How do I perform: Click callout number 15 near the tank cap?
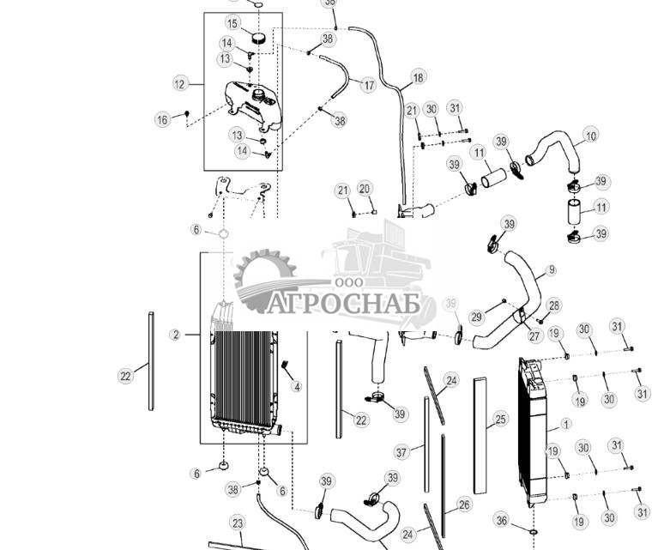pyautogui.click(x=232, y=23)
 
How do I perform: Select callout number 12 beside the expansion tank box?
pyautogui.click(x=179, y=84)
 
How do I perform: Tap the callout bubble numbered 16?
pyautogui.click(x=162, y=120)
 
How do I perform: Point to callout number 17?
pyautogui.click(x=368, y=86)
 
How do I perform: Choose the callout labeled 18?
pyautogui.click(x=418, y=78)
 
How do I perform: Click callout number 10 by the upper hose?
pyautogui.click(x=590, y=136)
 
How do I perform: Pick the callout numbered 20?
pyautogui.click(x=364, y=189)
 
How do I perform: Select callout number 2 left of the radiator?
pyautogui.click(x=175, y=335)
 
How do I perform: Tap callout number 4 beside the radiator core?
pyautogui.click(x=296, y=387)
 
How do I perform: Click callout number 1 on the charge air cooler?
pyautogui.click(x=565, y=423)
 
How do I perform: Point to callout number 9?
pyautogui.click(x=551, y=270)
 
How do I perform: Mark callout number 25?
pyautogui.click(x=501, y=420)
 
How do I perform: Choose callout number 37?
pyautogui.click(x=401, y=452)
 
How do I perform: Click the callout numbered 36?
pyautogui.click(x=503, y=521)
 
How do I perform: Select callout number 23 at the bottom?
pyautogui.click(x=238, y=523)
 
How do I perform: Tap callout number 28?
pyautogui.click(x=554, y=305)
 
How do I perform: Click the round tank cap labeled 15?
pyautogui.click(x=258, y=39)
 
